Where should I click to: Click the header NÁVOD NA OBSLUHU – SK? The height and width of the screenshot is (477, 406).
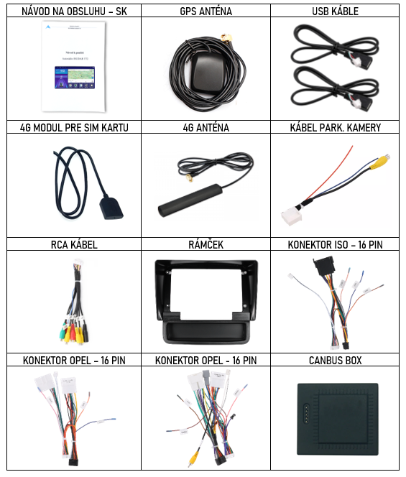coord(74,11)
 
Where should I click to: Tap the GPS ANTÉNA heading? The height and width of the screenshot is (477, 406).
coord(206,11)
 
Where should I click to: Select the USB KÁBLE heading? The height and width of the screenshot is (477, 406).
coord(335,11)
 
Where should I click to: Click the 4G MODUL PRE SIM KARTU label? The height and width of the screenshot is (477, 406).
coord(74,127)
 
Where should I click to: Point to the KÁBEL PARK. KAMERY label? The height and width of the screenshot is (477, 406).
coord(335,127)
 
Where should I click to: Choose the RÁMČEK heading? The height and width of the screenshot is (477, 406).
coord(206,244)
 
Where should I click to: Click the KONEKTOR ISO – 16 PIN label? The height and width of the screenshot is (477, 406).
coord(335,244)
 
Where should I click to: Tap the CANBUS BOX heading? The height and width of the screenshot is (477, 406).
coord(335,360)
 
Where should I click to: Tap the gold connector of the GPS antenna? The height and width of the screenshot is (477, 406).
coord(226,37)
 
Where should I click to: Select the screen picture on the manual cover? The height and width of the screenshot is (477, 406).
coord(75,78)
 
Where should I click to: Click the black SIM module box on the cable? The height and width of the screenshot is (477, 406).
coord(111,208)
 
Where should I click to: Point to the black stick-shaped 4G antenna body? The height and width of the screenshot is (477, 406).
coord(190,200)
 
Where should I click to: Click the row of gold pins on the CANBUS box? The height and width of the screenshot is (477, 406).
coord(306,413)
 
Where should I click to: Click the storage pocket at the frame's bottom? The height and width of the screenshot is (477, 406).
coord(206,333)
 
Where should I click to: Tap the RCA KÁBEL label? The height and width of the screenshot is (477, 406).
coord(74,244)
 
